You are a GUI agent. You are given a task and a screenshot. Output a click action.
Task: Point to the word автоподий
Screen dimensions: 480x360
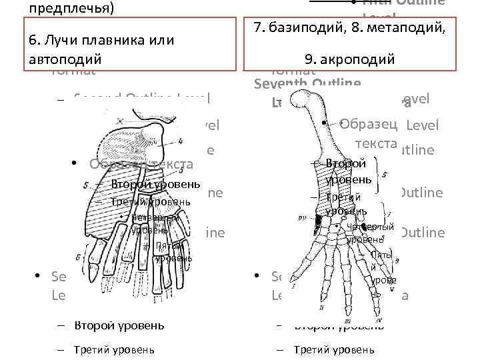pyautogui.click(x=65, y=59)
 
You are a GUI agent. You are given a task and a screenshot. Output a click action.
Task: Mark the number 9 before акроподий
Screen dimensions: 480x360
pyautogui.click(x=308, y=59)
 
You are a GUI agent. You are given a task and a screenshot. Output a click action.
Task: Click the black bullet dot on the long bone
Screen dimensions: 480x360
pyautogui.click(x=323, y=123)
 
